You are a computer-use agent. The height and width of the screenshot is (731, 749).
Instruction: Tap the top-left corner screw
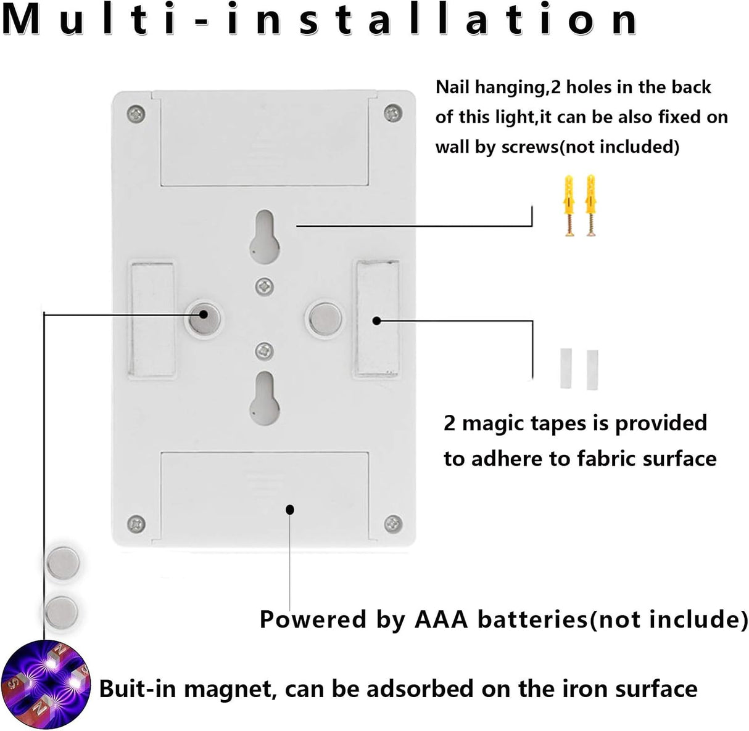click(x=136, y=114)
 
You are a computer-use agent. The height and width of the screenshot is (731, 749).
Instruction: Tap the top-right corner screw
click(x=394, y=113)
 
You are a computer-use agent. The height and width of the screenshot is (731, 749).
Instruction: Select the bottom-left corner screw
click(x=136, y=524)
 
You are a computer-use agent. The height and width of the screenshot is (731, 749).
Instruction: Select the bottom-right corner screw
click(x=394, y=524)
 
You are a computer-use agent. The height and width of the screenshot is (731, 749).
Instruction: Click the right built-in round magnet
click(x=325, y=319)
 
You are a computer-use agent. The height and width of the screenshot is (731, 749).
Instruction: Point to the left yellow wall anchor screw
click(x=568, y=205)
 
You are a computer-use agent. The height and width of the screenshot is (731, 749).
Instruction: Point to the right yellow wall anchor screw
click(x=590, y=205)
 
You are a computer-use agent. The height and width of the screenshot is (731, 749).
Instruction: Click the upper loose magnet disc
click(x=63, y=563)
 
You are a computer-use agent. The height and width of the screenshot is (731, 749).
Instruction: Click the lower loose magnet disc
click(x=62, y=613)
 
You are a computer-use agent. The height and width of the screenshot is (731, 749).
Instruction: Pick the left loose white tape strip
click(x=566, y=369)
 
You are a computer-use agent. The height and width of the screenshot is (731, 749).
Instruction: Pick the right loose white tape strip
click(x=592, y=370)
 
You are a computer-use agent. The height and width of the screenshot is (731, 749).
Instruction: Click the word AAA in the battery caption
click(x=441, y=620)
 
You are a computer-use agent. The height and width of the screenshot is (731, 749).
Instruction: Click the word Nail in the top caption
click(x=452, y=88)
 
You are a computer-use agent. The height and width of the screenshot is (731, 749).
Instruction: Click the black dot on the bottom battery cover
click(x=290, y=510)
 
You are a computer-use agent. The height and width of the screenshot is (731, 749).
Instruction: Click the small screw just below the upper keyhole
click(x=265, y=287)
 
